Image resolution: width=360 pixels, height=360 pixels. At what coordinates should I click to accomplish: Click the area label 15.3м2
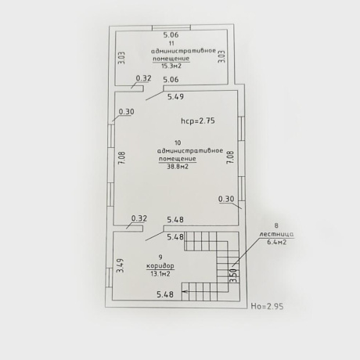point(171,66)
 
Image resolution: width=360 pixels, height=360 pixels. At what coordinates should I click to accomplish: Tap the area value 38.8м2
point(178,166)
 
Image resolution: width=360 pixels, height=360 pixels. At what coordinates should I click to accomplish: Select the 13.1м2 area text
point(160,274)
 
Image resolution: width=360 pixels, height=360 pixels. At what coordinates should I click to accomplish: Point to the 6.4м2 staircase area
point(276,242)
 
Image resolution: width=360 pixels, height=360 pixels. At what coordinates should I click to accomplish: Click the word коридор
point(160,266)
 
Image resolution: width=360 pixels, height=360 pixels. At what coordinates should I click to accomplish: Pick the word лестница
point(276,234)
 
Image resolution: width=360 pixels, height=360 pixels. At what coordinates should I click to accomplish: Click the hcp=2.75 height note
point(198,121)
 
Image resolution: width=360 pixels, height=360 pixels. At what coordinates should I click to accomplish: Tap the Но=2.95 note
point(267,306)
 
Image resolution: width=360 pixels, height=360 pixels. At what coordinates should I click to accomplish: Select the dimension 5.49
point(175,97)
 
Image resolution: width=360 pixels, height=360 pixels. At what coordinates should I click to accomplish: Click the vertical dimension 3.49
point(121,265)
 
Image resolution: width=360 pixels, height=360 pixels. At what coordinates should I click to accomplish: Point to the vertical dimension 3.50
point(234,275)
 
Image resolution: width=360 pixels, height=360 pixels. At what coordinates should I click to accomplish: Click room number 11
point(171,43)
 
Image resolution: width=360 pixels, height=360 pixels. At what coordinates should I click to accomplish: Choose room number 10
point(178,142)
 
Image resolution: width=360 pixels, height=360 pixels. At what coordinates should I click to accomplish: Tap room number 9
point(160,257)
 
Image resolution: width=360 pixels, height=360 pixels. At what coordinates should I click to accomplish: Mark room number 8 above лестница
point(276,225)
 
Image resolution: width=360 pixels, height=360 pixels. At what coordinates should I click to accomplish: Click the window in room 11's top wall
point(171,27)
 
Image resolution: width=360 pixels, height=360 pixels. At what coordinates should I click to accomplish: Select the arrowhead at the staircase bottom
point(184,292)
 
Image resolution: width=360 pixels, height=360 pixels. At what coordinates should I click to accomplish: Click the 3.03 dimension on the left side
point(122,58)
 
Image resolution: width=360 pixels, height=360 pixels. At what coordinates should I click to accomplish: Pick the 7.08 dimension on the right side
point(231,157)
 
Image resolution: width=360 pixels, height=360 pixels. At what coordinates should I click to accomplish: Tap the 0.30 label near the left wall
point(127,112)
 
